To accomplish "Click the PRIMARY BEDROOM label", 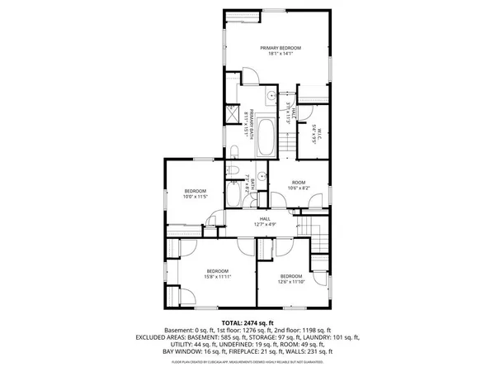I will click(280, 49).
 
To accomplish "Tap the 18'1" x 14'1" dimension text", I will click(280, 55).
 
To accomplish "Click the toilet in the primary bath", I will click(235, 150).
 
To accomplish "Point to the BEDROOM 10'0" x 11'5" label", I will click(195, 193).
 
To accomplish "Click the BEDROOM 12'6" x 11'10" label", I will click(291, 279).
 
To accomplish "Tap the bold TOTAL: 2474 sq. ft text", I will click(247, 322).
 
